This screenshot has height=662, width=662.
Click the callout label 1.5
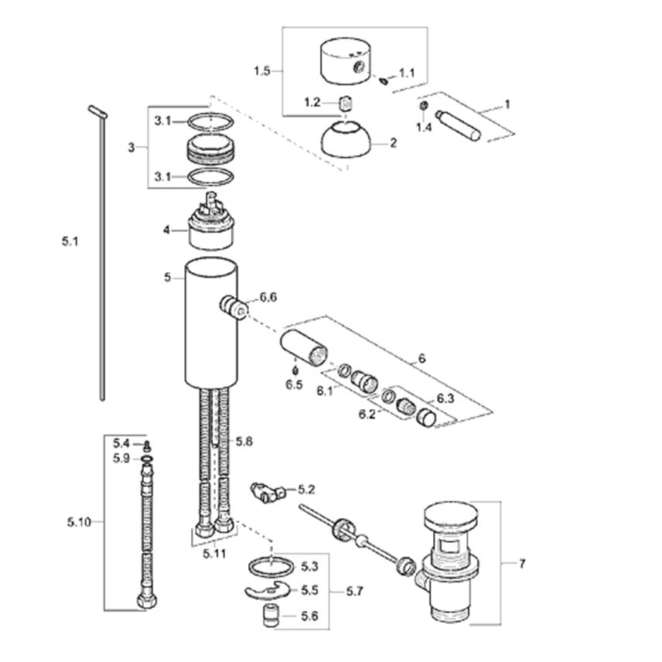tap(261, 70)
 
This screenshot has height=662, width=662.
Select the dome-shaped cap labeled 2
tap(346, 139)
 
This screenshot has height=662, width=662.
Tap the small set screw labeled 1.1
tap(384, 80)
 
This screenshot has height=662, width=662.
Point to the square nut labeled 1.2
tap(346, 103)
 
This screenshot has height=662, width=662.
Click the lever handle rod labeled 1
tap(458, 125)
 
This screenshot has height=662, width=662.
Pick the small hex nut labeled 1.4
tap(424, 105)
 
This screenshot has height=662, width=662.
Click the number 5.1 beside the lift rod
tap(70, 241)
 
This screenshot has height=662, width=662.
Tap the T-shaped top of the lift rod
tap(98, 112)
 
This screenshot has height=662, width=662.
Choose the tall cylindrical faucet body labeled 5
tap(211, 323)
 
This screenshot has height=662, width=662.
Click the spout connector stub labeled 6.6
tap(234, 307)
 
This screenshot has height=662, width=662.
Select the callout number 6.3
tap(445, 398)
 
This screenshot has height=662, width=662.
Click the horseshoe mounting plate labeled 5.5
tap(268, 590)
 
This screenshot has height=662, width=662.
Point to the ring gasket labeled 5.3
tap(271, 566)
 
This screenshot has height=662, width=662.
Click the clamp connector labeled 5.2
tap(268, 492)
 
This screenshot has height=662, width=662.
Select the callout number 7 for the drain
tap(522, 564)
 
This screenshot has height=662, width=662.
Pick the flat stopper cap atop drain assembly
tap(452, 516)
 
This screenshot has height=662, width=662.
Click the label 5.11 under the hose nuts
tap(214, 554)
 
